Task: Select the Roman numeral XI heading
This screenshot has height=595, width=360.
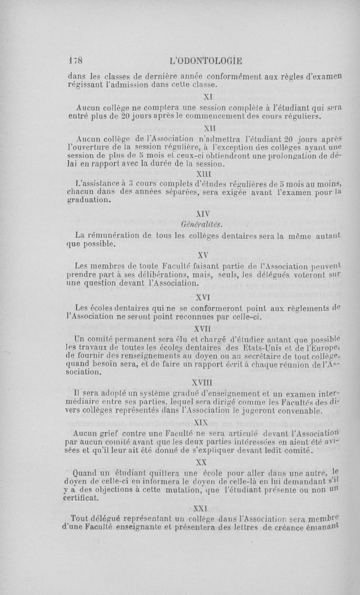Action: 207,96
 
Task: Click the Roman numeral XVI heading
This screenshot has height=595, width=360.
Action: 207,297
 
